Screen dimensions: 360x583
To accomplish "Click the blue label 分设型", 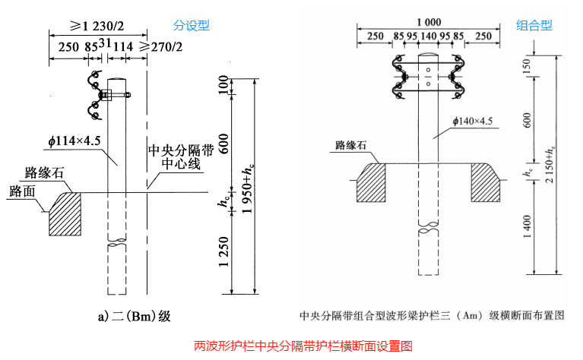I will click(x=192, y=25).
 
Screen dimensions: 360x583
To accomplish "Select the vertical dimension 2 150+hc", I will click(x=561, y=156).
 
